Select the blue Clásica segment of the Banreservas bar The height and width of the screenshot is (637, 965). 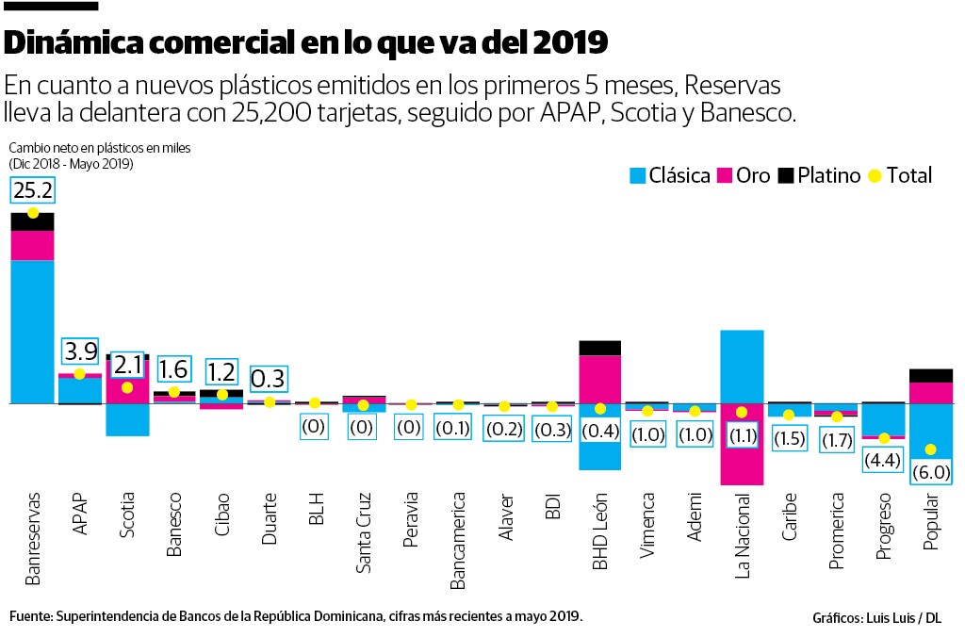[33, 330]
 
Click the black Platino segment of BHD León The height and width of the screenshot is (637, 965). [599, 348]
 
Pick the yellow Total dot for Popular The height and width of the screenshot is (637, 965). [931, 449]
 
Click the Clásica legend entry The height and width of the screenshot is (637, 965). [669, 175]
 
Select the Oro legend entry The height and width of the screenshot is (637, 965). [744, 175]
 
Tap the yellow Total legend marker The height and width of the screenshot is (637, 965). [875, 175]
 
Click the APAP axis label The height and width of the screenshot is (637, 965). [79, 514]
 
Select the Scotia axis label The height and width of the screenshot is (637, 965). [127, 515]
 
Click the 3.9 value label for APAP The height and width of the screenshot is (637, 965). [80, 351]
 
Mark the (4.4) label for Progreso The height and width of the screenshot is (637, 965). [883, 462]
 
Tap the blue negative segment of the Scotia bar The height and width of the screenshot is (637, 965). [127, 419]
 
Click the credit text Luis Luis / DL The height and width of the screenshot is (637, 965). [904, 618]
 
